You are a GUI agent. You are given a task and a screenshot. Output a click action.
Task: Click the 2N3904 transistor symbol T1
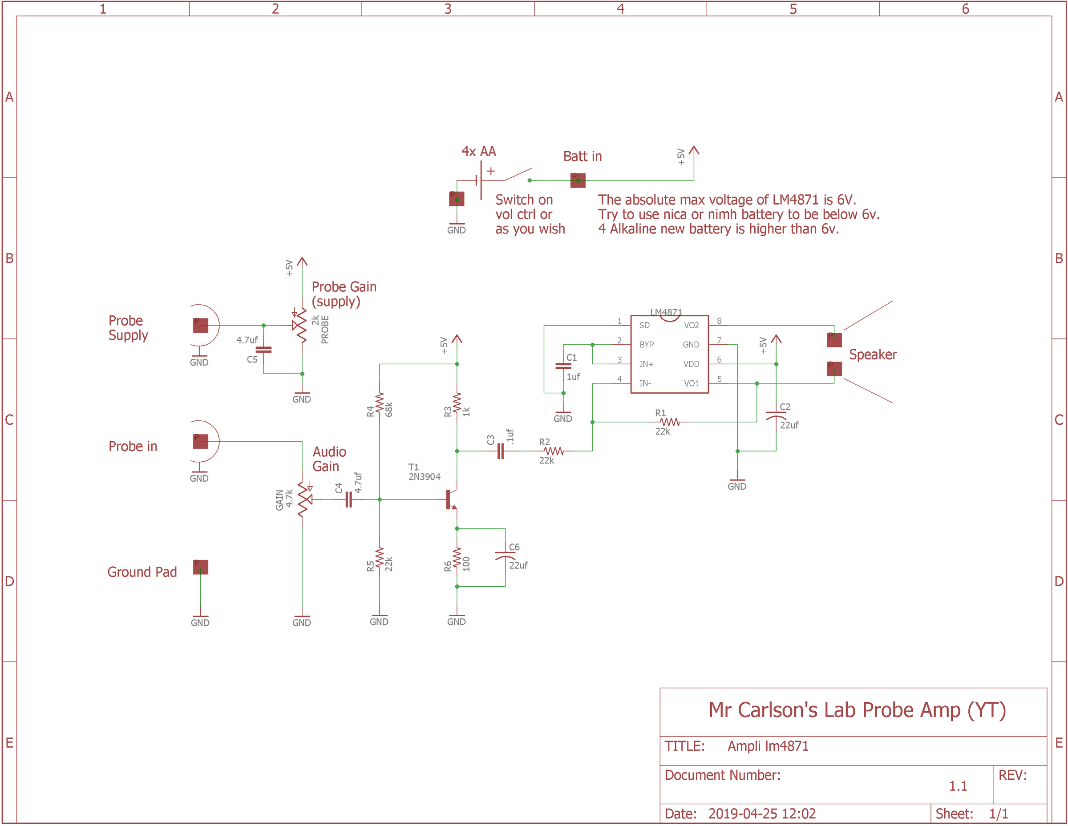451,500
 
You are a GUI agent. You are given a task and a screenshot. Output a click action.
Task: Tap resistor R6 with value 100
457,559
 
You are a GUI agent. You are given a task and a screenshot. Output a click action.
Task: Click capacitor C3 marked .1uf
500,451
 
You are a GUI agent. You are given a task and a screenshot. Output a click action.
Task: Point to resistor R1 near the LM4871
669,422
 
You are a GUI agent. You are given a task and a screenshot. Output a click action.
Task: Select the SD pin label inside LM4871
644,326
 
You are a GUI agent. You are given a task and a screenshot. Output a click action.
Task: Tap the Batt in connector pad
578,180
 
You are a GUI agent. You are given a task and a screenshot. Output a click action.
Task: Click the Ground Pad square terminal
201,568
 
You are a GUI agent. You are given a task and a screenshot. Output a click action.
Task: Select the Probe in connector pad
201,441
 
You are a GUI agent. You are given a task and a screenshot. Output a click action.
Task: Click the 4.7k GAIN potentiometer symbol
303,500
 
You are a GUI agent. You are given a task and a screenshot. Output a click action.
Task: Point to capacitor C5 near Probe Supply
263,350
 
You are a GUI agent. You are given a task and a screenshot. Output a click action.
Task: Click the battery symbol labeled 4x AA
479,180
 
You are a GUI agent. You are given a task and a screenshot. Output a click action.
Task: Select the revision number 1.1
958,786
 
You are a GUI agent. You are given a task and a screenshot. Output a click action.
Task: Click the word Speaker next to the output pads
872,355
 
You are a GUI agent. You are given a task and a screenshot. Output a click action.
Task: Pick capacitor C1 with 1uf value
563,366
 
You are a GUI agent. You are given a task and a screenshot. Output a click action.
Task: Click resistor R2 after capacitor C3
553,451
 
